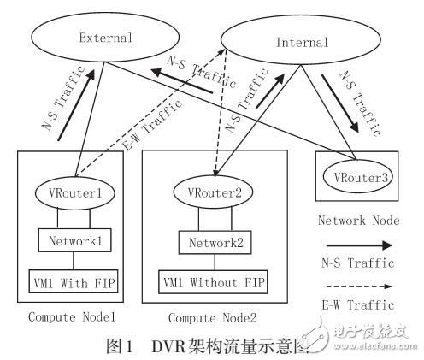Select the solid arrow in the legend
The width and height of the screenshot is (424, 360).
click(x=360, y=244)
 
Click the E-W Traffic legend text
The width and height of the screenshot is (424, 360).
click(x=360, y=304)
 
